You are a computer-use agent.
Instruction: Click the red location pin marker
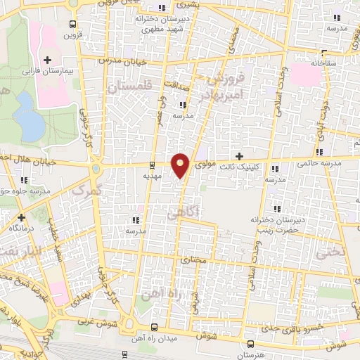181,165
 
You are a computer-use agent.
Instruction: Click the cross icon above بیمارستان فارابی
47,60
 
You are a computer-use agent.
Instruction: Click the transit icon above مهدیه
153,167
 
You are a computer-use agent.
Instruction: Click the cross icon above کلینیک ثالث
240,155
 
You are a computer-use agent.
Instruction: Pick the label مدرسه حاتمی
319,163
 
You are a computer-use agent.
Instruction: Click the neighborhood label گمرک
89,190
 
